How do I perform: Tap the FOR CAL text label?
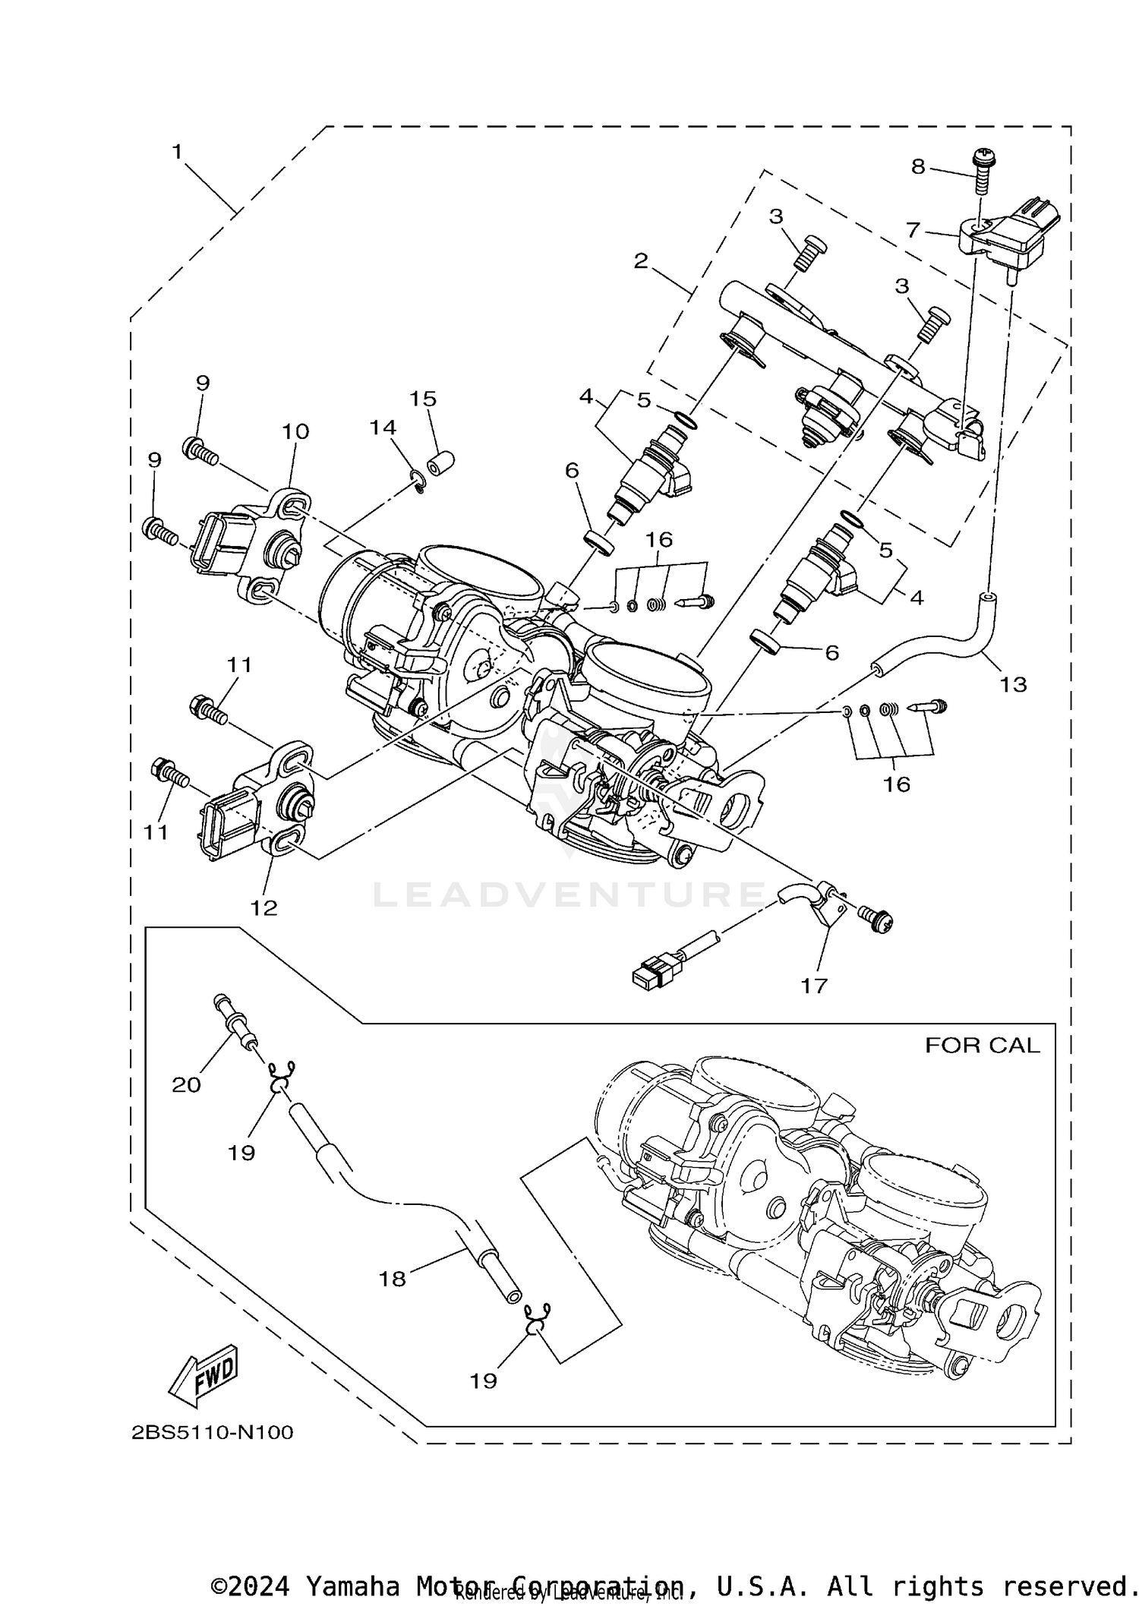(x=981, y=1046)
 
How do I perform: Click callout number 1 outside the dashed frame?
(x=177, y=152)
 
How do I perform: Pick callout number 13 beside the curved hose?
(x=1013, y=684)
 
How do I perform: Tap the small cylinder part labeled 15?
(x=439, y=462)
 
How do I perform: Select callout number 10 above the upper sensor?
(x=295, y=431)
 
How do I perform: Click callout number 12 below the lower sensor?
(x=264, y=907)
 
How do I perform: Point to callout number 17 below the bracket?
(x=813, y=986)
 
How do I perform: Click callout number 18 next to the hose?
(x=393, y=1279)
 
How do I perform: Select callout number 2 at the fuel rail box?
(x=641, y=260)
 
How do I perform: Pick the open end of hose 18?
(x=514, y=1295)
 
